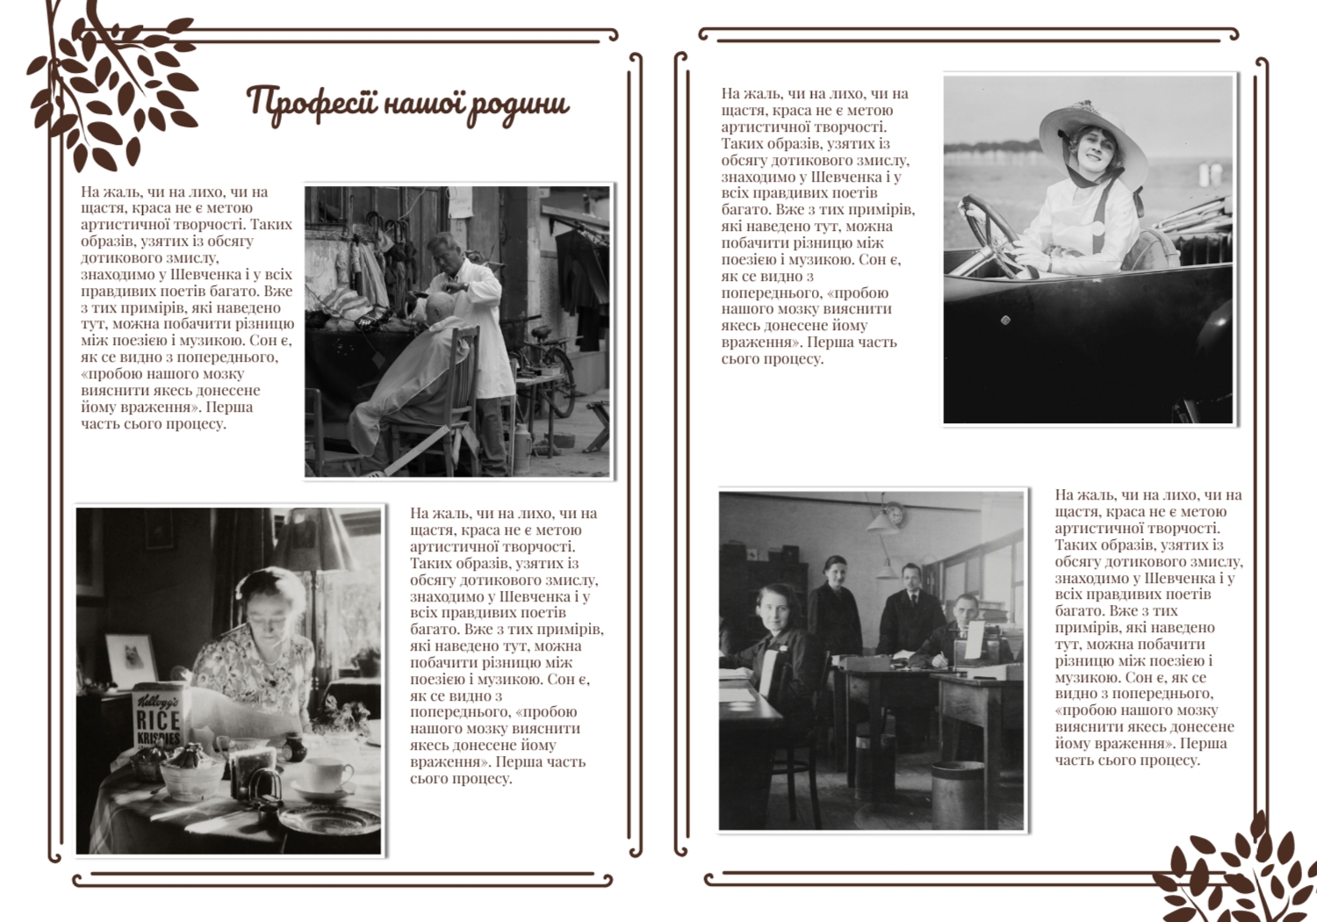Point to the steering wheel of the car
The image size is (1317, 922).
coord(992,233)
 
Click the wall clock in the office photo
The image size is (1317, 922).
coord(893,515)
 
